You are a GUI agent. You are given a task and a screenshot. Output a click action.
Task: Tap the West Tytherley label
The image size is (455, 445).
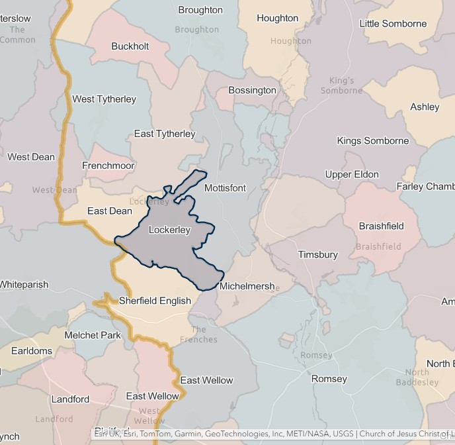[x=104, y=99]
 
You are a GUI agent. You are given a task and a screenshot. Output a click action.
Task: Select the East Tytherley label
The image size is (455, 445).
[x=165, y=134]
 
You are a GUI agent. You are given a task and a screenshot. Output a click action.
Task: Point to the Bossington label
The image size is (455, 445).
[x=252, y=90]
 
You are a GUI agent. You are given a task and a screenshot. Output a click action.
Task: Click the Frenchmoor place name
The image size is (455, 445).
[x=108, y=166]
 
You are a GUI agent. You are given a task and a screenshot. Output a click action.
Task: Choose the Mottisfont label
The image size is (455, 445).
[x=225, y=188]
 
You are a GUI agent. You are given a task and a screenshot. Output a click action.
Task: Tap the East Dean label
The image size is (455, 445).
[x=110, y=211]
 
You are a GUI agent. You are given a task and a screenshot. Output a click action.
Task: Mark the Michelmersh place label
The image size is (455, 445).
[x=247, y=286]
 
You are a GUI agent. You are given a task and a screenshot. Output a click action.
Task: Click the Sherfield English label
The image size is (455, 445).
[x=155, y=301]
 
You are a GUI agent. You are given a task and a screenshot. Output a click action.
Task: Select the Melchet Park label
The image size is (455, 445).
[x=93, y=335]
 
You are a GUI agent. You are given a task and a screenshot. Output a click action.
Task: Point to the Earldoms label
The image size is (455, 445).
[x=31, y=350]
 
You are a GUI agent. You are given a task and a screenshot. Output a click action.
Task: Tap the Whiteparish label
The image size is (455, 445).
[x=24, y=285]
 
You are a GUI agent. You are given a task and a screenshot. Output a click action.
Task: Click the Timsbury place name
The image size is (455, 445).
[x=317, y=254]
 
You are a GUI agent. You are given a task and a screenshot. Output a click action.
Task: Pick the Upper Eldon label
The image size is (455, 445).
[x=352, y=175]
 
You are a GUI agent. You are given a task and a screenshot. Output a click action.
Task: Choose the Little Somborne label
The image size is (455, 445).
[x=393, y=24]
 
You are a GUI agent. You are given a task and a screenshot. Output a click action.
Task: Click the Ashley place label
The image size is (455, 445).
[x=425, y=107]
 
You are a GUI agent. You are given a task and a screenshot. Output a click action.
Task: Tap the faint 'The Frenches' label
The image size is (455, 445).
[x=198, y=334]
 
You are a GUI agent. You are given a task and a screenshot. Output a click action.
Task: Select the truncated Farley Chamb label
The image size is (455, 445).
[x=425, y=187]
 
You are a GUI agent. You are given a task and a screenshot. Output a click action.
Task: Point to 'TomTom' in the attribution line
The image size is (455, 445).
[x=156, y=434]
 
